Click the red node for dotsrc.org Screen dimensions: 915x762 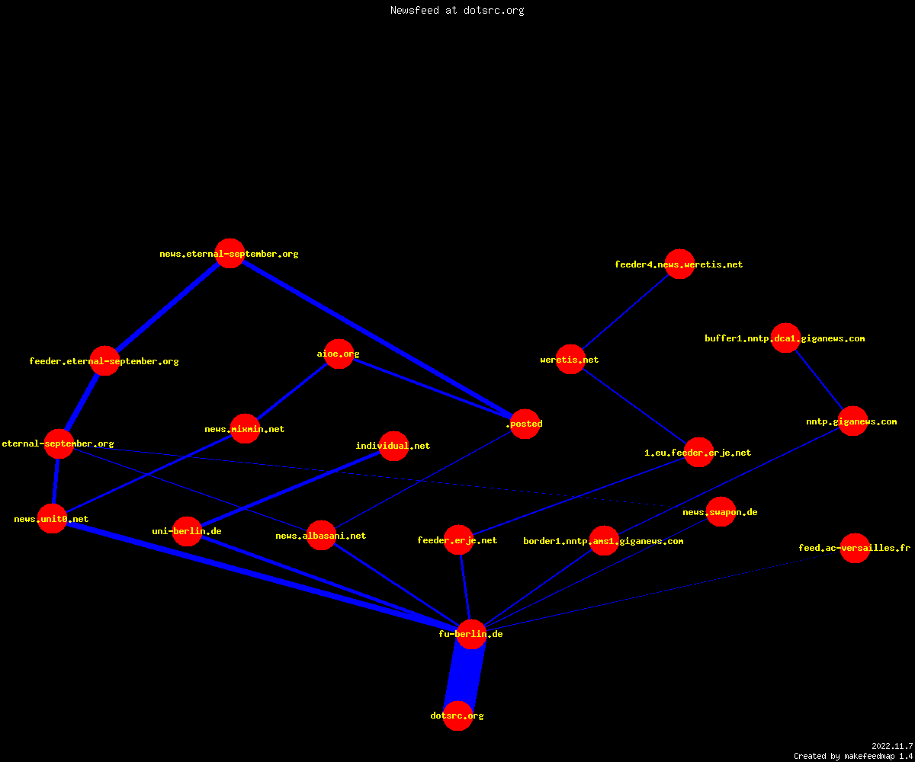tap(457, 716)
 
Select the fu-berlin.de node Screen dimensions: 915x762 tap(471, 634)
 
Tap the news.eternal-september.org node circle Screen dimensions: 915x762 tap(230, 253)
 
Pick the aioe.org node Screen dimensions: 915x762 tap(339, 354)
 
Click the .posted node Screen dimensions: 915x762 tap(525, 424)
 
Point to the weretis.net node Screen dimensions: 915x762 tap(570, 360)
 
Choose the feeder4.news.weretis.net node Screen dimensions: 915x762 tap(679, 264)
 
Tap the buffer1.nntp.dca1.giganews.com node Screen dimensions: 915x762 tap(785, 338)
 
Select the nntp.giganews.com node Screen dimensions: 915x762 tap(852, 421)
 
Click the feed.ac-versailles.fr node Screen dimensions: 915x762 tap(855, 548)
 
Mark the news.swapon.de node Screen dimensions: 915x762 tap(721, 511)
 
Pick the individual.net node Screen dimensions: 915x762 tap(394, 446)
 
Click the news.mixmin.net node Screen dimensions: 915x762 tap(245, 429)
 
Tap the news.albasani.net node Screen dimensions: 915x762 tap(321, 535)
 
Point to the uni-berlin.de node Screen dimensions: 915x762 tap(187, 531)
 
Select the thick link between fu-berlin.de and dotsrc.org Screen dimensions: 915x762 tap(464, 675)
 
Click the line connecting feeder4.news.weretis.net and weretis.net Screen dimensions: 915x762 tap(625, 312)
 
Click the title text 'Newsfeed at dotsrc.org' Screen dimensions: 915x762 tap(457, 10)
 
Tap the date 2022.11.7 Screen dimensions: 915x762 tap(892, 746)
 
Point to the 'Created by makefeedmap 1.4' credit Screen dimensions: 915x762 tap(853, 756)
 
